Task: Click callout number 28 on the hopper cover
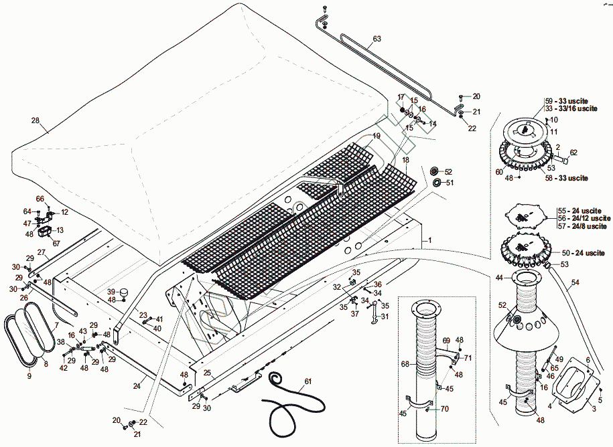pos(36,121)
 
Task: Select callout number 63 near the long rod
pos(377,39)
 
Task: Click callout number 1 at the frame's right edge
pos(430,239)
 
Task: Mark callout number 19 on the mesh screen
pos(377,136)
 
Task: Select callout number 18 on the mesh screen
pos(405,161)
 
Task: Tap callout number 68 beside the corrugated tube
pos(405,365)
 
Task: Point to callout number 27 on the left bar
pos(41,252)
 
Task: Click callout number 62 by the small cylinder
pos(573,153)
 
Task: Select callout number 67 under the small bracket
pos(56,243)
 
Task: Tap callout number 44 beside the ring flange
pos(500,277)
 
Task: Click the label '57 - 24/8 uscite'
pos(582,226)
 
